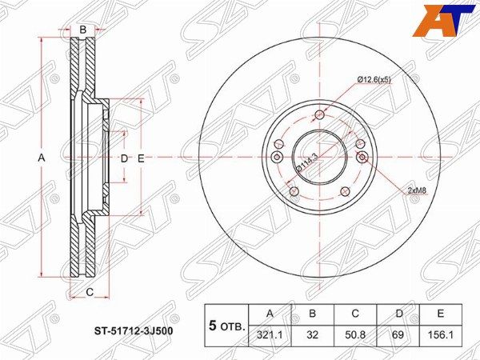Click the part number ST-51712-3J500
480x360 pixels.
[133, 331]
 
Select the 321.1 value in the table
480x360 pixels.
[270, 335]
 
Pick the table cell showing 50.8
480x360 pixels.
[355, 335]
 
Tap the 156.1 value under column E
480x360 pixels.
[440, 335]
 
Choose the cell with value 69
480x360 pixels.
[398, 335]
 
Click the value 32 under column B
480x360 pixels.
[312, 335]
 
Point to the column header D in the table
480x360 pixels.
[398, 314]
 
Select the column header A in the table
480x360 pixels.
[270, 314]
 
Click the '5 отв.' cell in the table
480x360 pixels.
[227, 326]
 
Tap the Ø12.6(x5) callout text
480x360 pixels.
[374, 79]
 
